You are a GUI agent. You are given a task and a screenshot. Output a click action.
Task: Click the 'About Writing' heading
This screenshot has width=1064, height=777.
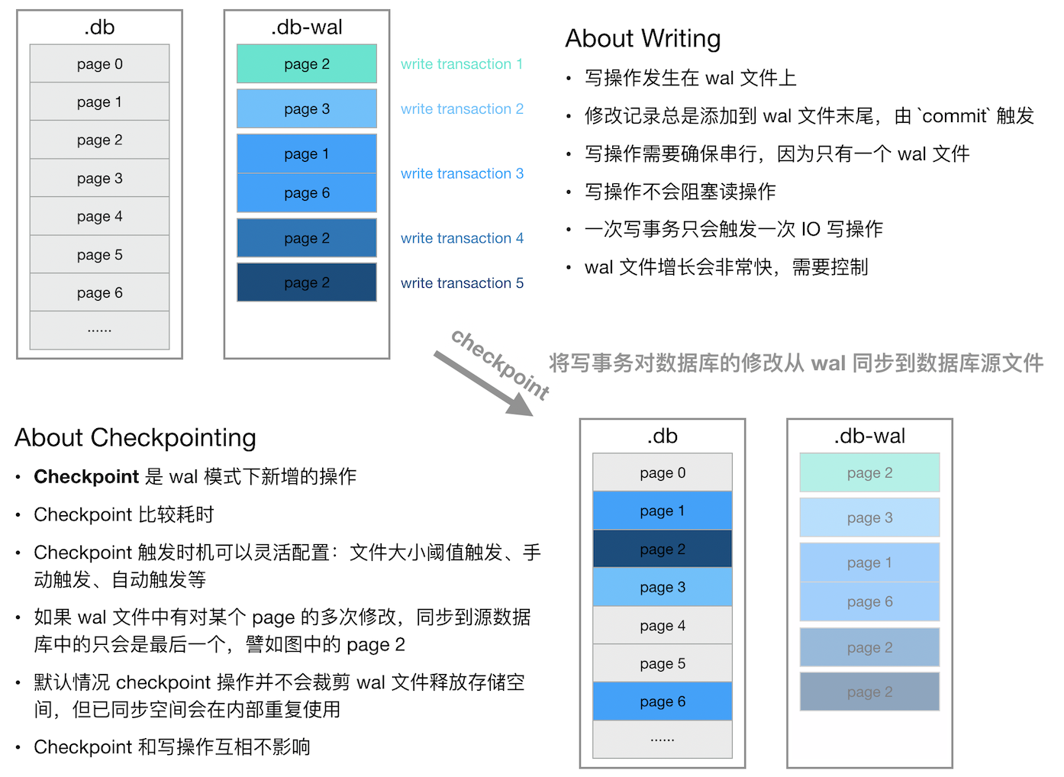click(643, 38)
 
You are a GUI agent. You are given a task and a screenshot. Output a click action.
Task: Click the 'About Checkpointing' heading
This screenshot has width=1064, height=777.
click(135, 437)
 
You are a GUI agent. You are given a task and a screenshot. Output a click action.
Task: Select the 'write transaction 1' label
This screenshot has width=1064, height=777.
click(462, 64)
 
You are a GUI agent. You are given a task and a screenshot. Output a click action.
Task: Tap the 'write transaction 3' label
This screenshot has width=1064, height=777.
click(462, 173)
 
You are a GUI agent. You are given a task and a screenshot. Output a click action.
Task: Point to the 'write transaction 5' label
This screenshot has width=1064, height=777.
click(462, 283)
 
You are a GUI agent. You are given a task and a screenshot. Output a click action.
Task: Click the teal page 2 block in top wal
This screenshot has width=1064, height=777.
click(307, 64)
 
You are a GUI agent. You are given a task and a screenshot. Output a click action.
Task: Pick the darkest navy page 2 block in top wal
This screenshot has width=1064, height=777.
click(307, 282)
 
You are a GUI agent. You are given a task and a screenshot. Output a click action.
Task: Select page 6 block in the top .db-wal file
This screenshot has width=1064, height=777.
click(307, 193)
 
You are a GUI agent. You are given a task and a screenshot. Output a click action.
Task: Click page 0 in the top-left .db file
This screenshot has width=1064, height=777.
click(99, 64)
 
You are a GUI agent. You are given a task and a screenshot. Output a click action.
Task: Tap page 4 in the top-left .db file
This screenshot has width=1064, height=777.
click(99, 217)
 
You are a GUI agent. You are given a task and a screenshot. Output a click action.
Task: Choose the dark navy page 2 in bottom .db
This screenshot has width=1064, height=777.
click(663, 549)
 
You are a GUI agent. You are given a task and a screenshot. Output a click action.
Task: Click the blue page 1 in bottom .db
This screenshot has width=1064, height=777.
click(663, 511)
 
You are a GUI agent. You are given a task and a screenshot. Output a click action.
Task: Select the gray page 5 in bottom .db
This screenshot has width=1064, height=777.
click(663, 663)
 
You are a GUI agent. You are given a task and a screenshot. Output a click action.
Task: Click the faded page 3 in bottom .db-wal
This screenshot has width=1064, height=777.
click(869, 517)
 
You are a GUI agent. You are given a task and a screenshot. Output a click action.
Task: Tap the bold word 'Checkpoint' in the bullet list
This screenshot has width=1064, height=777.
click(86, 477)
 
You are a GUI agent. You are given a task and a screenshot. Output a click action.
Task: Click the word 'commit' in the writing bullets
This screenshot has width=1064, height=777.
click(955, 116)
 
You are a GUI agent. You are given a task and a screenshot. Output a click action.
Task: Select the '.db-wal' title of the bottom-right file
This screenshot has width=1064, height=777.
click(869, 436)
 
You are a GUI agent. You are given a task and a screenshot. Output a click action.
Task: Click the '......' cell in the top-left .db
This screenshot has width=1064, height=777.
click(99, 330)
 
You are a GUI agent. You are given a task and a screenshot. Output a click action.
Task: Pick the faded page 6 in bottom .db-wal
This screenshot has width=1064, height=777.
click(869, 601)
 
